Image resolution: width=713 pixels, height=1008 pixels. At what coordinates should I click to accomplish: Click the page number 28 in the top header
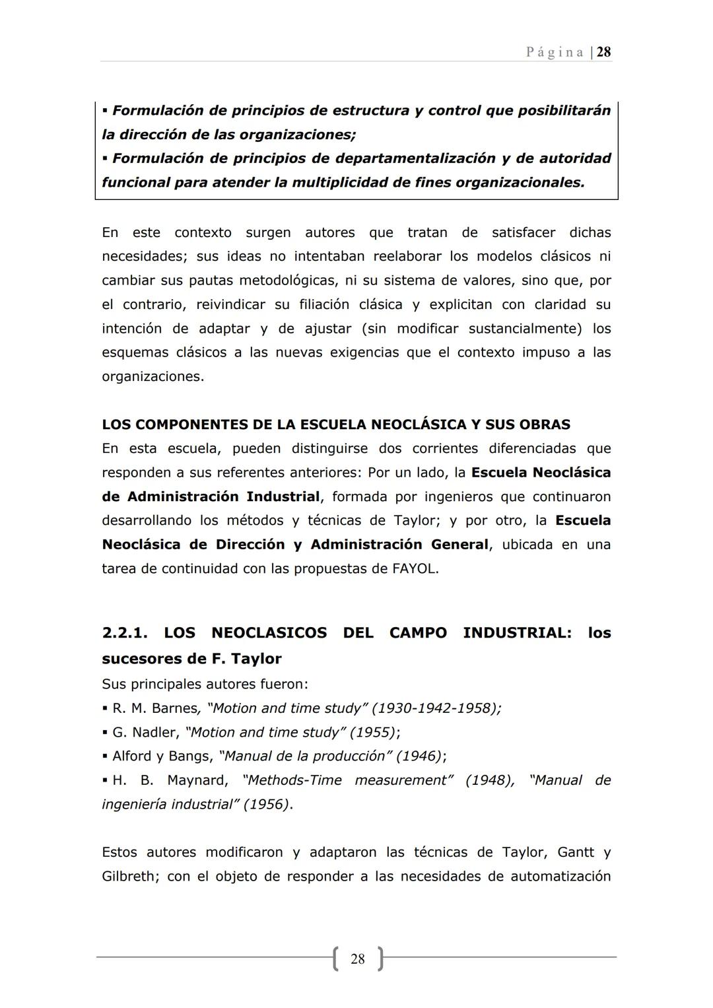point(603,52)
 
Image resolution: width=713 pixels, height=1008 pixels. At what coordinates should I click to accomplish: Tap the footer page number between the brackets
point(358,958)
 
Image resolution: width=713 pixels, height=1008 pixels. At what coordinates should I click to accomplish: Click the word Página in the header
point(555,52)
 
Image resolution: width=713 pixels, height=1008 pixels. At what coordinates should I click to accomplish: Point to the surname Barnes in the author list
point(175,708)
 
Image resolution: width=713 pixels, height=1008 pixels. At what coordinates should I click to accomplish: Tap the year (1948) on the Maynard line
point(489,780)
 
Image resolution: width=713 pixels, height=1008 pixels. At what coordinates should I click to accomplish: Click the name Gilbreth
point(129,876)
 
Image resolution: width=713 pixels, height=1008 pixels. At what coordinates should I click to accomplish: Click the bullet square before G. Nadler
point(105,733)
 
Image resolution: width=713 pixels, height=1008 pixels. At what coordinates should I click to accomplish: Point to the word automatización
point(560,876)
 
